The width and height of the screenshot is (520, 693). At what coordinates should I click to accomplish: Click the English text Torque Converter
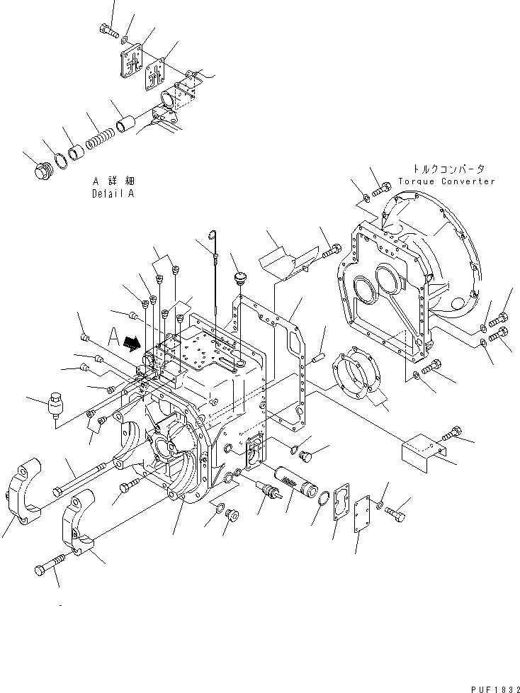(x=446, y=181)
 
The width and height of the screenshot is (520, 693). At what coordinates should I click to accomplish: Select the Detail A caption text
(x=112, y=193)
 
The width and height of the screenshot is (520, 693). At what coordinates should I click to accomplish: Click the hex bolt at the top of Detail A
(x=107, y=32)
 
